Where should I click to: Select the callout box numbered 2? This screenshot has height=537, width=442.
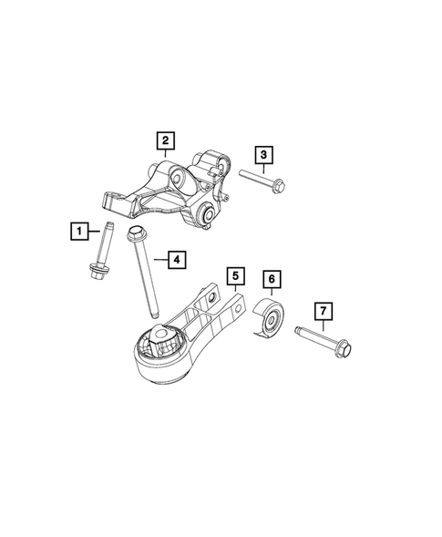pyautogui.click(x=164, y=140)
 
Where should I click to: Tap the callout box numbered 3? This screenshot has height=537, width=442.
pyautogui.click(x=263, y=155)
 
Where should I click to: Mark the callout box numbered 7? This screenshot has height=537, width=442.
pyautogui.click(x=324, y=313)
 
